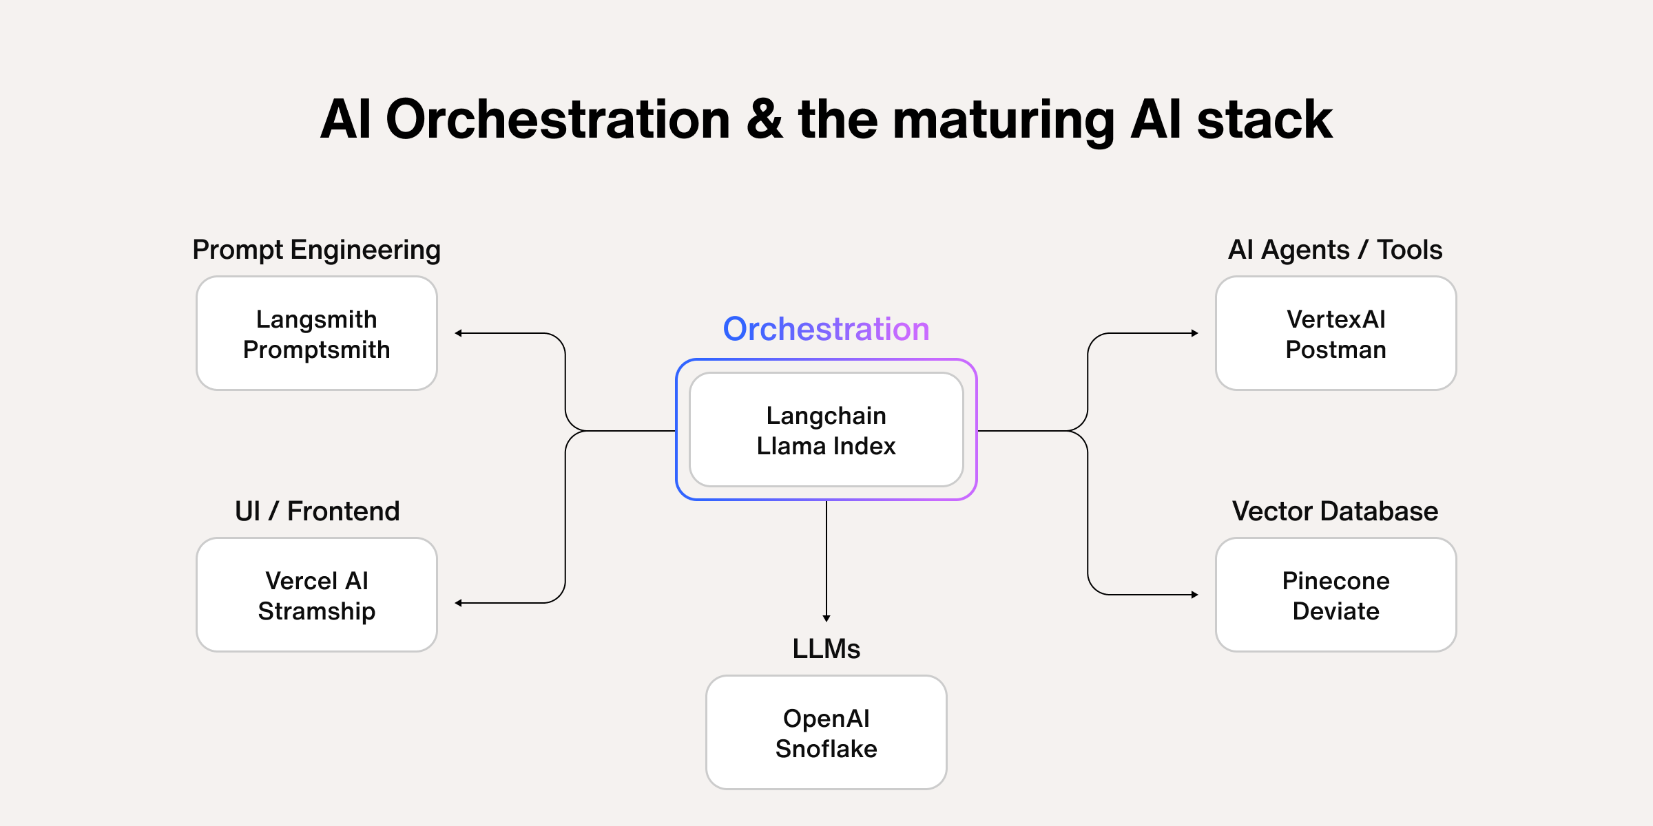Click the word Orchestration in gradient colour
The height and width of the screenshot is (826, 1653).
(826, 329)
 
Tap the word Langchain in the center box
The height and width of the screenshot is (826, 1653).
(826, 416)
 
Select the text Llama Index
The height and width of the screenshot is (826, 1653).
(826, 446)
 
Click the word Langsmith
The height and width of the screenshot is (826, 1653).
(316, 319)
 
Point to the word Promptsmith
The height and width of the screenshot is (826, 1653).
(316, 350)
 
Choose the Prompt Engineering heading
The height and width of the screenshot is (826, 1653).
(316, 249)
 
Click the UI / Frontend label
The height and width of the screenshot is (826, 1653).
(317, 511)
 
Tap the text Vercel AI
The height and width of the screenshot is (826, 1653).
(316, 581)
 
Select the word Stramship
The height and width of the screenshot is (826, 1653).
(316, 611)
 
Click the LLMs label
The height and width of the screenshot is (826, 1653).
(826, 648)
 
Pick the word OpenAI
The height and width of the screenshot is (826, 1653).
(826, 719)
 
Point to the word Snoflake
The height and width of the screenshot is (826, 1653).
(826, 749)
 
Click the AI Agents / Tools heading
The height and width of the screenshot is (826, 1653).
(1335, 249)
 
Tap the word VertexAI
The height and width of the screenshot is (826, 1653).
(1335, 319)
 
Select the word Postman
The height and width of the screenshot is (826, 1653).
(1335, 350)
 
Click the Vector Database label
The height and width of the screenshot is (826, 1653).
(1335, 511)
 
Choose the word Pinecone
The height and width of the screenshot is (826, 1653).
(1335, 581)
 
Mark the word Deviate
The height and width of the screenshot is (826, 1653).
(1335, 611)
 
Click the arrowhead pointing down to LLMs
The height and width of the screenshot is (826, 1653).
(826, 618)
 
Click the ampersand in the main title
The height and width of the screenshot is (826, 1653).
(764, 120)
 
